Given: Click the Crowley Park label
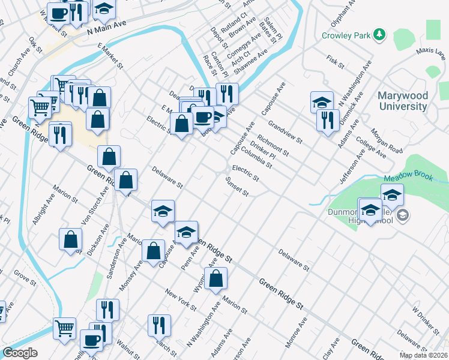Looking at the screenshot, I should (x=346, y=35).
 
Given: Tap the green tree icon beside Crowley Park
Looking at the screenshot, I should (x=379, y=35).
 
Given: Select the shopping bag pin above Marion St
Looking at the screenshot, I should (x=215, y=278).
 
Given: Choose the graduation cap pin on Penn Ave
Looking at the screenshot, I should (x=186, y=231).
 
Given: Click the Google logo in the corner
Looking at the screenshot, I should (x=20, y=353).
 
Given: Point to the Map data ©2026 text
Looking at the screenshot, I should (x=423, y=355).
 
